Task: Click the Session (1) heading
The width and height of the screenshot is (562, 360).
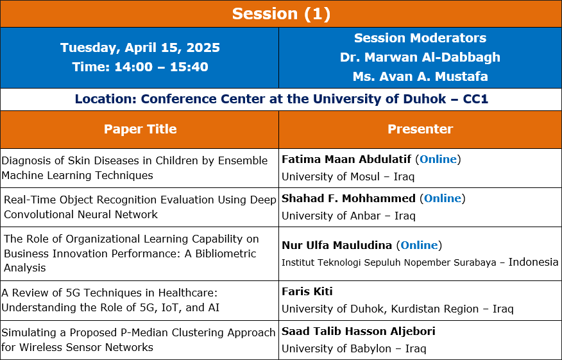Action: pos(281,14)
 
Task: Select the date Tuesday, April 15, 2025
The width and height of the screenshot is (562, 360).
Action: pos(140,47)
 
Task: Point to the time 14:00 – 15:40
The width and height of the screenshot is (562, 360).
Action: pos(161,67)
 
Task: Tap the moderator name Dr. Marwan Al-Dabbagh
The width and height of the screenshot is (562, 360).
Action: pos(420,57)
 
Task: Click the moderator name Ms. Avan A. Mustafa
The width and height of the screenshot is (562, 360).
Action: pos(420,76)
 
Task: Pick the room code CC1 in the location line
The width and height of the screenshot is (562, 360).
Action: pos(475,99)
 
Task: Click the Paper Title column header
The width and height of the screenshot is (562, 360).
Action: pos(140,129)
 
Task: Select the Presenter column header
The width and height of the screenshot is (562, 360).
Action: pos(420,129)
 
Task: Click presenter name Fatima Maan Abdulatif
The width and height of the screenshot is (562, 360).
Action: pos(346,159)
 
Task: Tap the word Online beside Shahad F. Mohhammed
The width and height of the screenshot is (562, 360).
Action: pos(443,198)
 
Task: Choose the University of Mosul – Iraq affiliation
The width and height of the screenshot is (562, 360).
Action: pos(348,176)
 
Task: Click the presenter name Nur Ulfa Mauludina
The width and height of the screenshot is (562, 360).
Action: pos(337,245)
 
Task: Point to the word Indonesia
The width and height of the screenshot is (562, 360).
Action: pos(533,262)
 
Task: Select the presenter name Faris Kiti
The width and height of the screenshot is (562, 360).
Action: pos(307,291)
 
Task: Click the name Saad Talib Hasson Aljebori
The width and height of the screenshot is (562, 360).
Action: pos(359,331)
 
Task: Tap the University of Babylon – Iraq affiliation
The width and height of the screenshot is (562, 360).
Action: pos(354,348)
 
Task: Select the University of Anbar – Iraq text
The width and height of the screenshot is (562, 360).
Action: pos(349,216)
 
